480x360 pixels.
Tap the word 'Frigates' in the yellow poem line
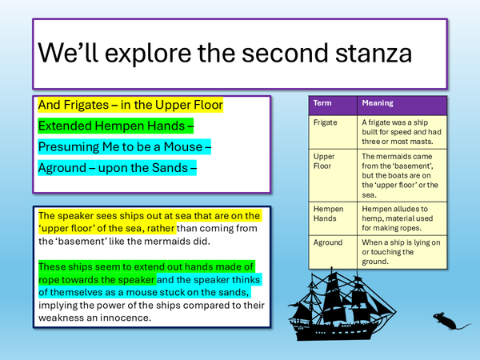tap(90, 105)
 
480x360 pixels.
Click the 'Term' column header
tap(322, 103)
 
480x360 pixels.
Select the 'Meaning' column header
tap(378, 103)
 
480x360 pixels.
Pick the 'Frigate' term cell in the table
tap(326, 122)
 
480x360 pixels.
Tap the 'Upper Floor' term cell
tap(326, 162)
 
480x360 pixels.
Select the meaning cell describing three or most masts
tap(400, 133)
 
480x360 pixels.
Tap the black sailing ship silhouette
tap(328, 308)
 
